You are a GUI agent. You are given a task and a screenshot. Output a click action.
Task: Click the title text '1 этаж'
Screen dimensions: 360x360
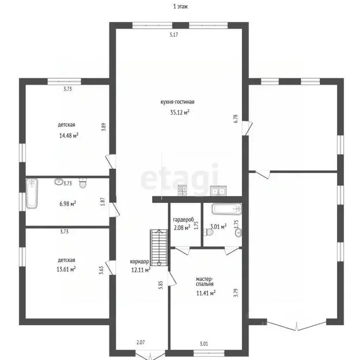[180, 7]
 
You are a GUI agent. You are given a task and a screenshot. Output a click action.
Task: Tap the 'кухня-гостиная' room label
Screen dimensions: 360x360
[177, 102]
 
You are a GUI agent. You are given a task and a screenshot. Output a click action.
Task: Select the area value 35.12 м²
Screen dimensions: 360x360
[180, 112]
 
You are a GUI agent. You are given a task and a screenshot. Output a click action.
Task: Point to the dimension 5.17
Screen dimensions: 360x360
[174, 35]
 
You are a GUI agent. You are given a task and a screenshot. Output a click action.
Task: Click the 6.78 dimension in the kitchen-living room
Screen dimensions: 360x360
[236, 119]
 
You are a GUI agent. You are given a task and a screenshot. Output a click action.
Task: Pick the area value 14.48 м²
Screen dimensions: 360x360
[68, 135]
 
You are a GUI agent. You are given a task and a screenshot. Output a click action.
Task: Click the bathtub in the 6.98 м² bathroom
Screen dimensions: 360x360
[32, 193]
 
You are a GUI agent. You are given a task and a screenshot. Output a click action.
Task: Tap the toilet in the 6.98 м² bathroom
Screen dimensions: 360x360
[82, 183]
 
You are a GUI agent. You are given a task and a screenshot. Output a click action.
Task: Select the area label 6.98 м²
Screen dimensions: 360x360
[67, 203]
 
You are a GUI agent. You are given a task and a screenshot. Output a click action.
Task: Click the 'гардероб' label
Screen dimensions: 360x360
[183, 220]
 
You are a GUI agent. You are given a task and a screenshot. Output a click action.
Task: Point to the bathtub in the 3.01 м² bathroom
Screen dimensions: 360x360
[226, 209]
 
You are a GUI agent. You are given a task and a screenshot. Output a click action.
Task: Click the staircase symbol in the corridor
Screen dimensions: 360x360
[159, 247]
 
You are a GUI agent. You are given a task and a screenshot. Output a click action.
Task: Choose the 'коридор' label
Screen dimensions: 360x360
[139, 262]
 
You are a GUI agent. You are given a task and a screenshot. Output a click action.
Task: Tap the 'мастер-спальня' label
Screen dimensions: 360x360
[204, 281]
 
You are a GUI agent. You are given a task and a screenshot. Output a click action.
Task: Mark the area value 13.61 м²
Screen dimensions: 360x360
[66, 269]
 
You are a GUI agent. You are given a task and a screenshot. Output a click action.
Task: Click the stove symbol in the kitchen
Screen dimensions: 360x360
[182, 191]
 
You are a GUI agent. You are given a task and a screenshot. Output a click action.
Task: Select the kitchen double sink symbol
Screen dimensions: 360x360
[218, 191]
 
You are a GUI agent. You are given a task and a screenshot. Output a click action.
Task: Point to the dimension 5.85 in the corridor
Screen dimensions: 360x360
[160, 285]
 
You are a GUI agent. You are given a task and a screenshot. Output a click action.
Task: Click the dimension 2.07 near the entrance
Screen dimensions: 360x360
[141, 342]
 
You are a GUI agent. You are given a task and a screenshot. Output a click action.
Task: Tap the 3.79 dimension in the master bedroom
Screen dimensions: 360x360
[236, 292]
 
